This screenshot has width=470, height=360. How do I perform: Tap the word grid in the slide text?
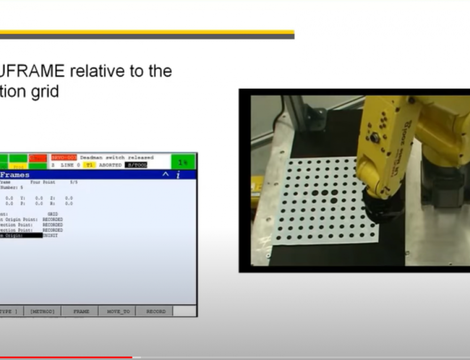point(46,92)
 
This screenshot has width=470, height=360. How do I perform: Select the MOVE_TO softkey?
point(118,311)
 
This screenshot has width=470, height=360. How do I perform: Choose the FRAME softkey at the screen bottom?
point(81,311)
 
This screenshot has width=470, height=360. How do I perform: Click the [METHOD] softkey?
point(42,311)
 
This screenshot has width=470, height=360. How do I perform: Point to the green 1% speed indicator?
point(183,161)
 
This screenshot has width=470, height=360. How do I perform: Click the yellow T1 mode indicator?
point(89,165)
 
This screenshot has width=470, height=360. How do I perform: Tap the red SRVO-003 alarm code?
point(63,157)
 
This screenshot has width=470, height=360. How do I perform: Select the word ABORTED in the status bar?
point(110,165)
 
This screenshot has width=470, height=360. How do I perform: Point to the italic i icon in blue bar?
point(178,175)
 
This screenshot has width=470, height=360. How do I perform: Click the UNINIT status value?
point(50,235)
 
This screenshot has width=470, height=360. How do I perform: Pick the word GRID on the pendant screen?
point(53,214)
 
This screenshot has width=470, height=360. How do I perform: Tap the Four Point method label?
point(43,182)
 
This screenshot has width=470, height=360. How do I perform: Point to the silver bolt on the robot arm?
point(375,138)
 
